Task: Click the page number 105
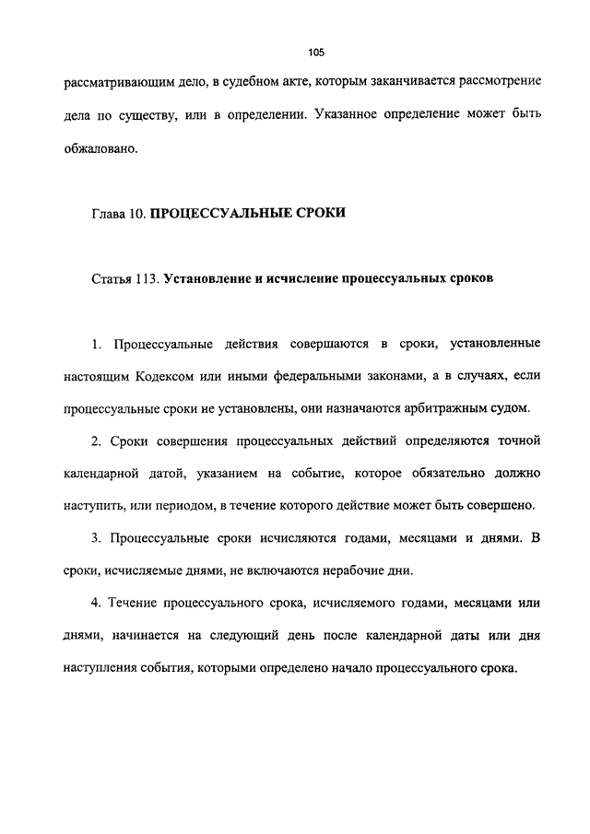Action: click(318, 53)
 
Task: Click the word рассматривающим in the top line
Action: click(115, 84)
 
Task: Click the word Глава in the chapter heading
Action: click(111, 214)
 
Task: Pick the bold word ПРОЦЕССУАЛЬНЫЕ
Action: click(219, 214)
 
